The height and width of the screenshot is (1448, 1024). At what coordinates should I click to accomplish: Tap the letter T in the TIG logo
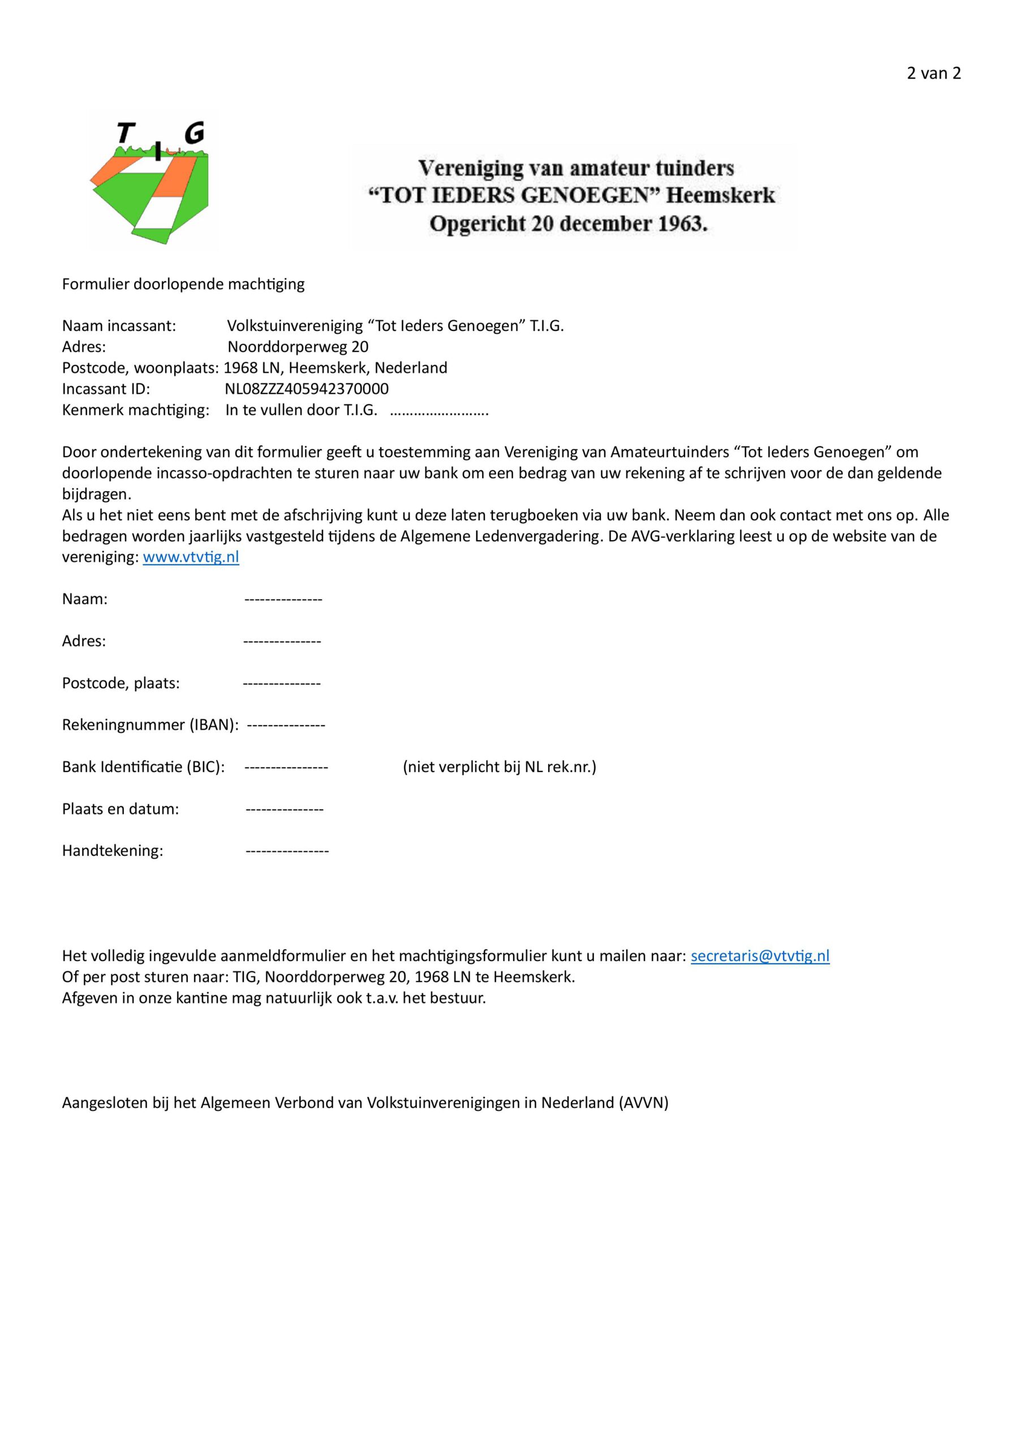point(126,133)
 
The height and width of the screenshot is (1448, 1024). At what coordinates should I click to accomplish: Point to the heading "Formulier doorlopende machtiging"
point(183,284)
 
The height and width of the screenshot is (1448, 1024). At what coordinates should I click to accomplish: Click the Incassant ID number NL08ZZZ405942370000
point(307,389)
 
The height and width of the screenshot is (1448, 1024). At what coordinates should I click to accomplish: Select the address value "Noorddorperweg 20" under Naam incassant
point(298,346)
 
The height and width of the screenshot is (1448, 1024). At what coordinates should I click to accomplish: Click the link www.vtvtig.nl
point(191,557)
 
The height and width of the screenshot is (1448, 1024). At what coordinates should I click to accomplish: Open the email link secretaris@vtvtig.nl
point(760,955)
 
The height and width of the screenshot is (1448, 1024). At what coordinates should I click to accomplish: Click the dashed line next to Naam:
point(283,599)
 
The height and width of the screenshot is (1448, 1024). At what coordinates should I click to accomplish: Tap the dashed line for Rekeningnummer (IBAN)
point(286,725)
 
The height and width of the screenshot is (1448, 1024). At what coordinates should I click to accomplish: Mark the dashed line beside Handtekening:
point(287,851)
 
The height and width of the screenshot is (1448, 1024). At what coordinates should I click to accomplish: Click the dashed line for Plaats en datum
point(285,809)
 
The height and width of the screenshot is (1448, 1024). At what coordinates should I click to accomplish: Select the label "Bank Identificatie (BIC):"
point(143,767)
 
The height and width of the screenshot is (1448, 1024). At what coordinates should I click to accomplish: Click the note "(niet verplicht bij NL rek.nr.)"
point(499,767)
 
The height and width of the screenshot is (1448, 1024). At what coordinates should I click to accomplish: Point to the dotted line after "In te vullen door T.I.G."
point(439,411)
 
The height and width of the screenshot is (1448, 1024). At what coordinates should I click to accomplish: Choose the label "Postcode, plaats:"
point(121,683)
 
